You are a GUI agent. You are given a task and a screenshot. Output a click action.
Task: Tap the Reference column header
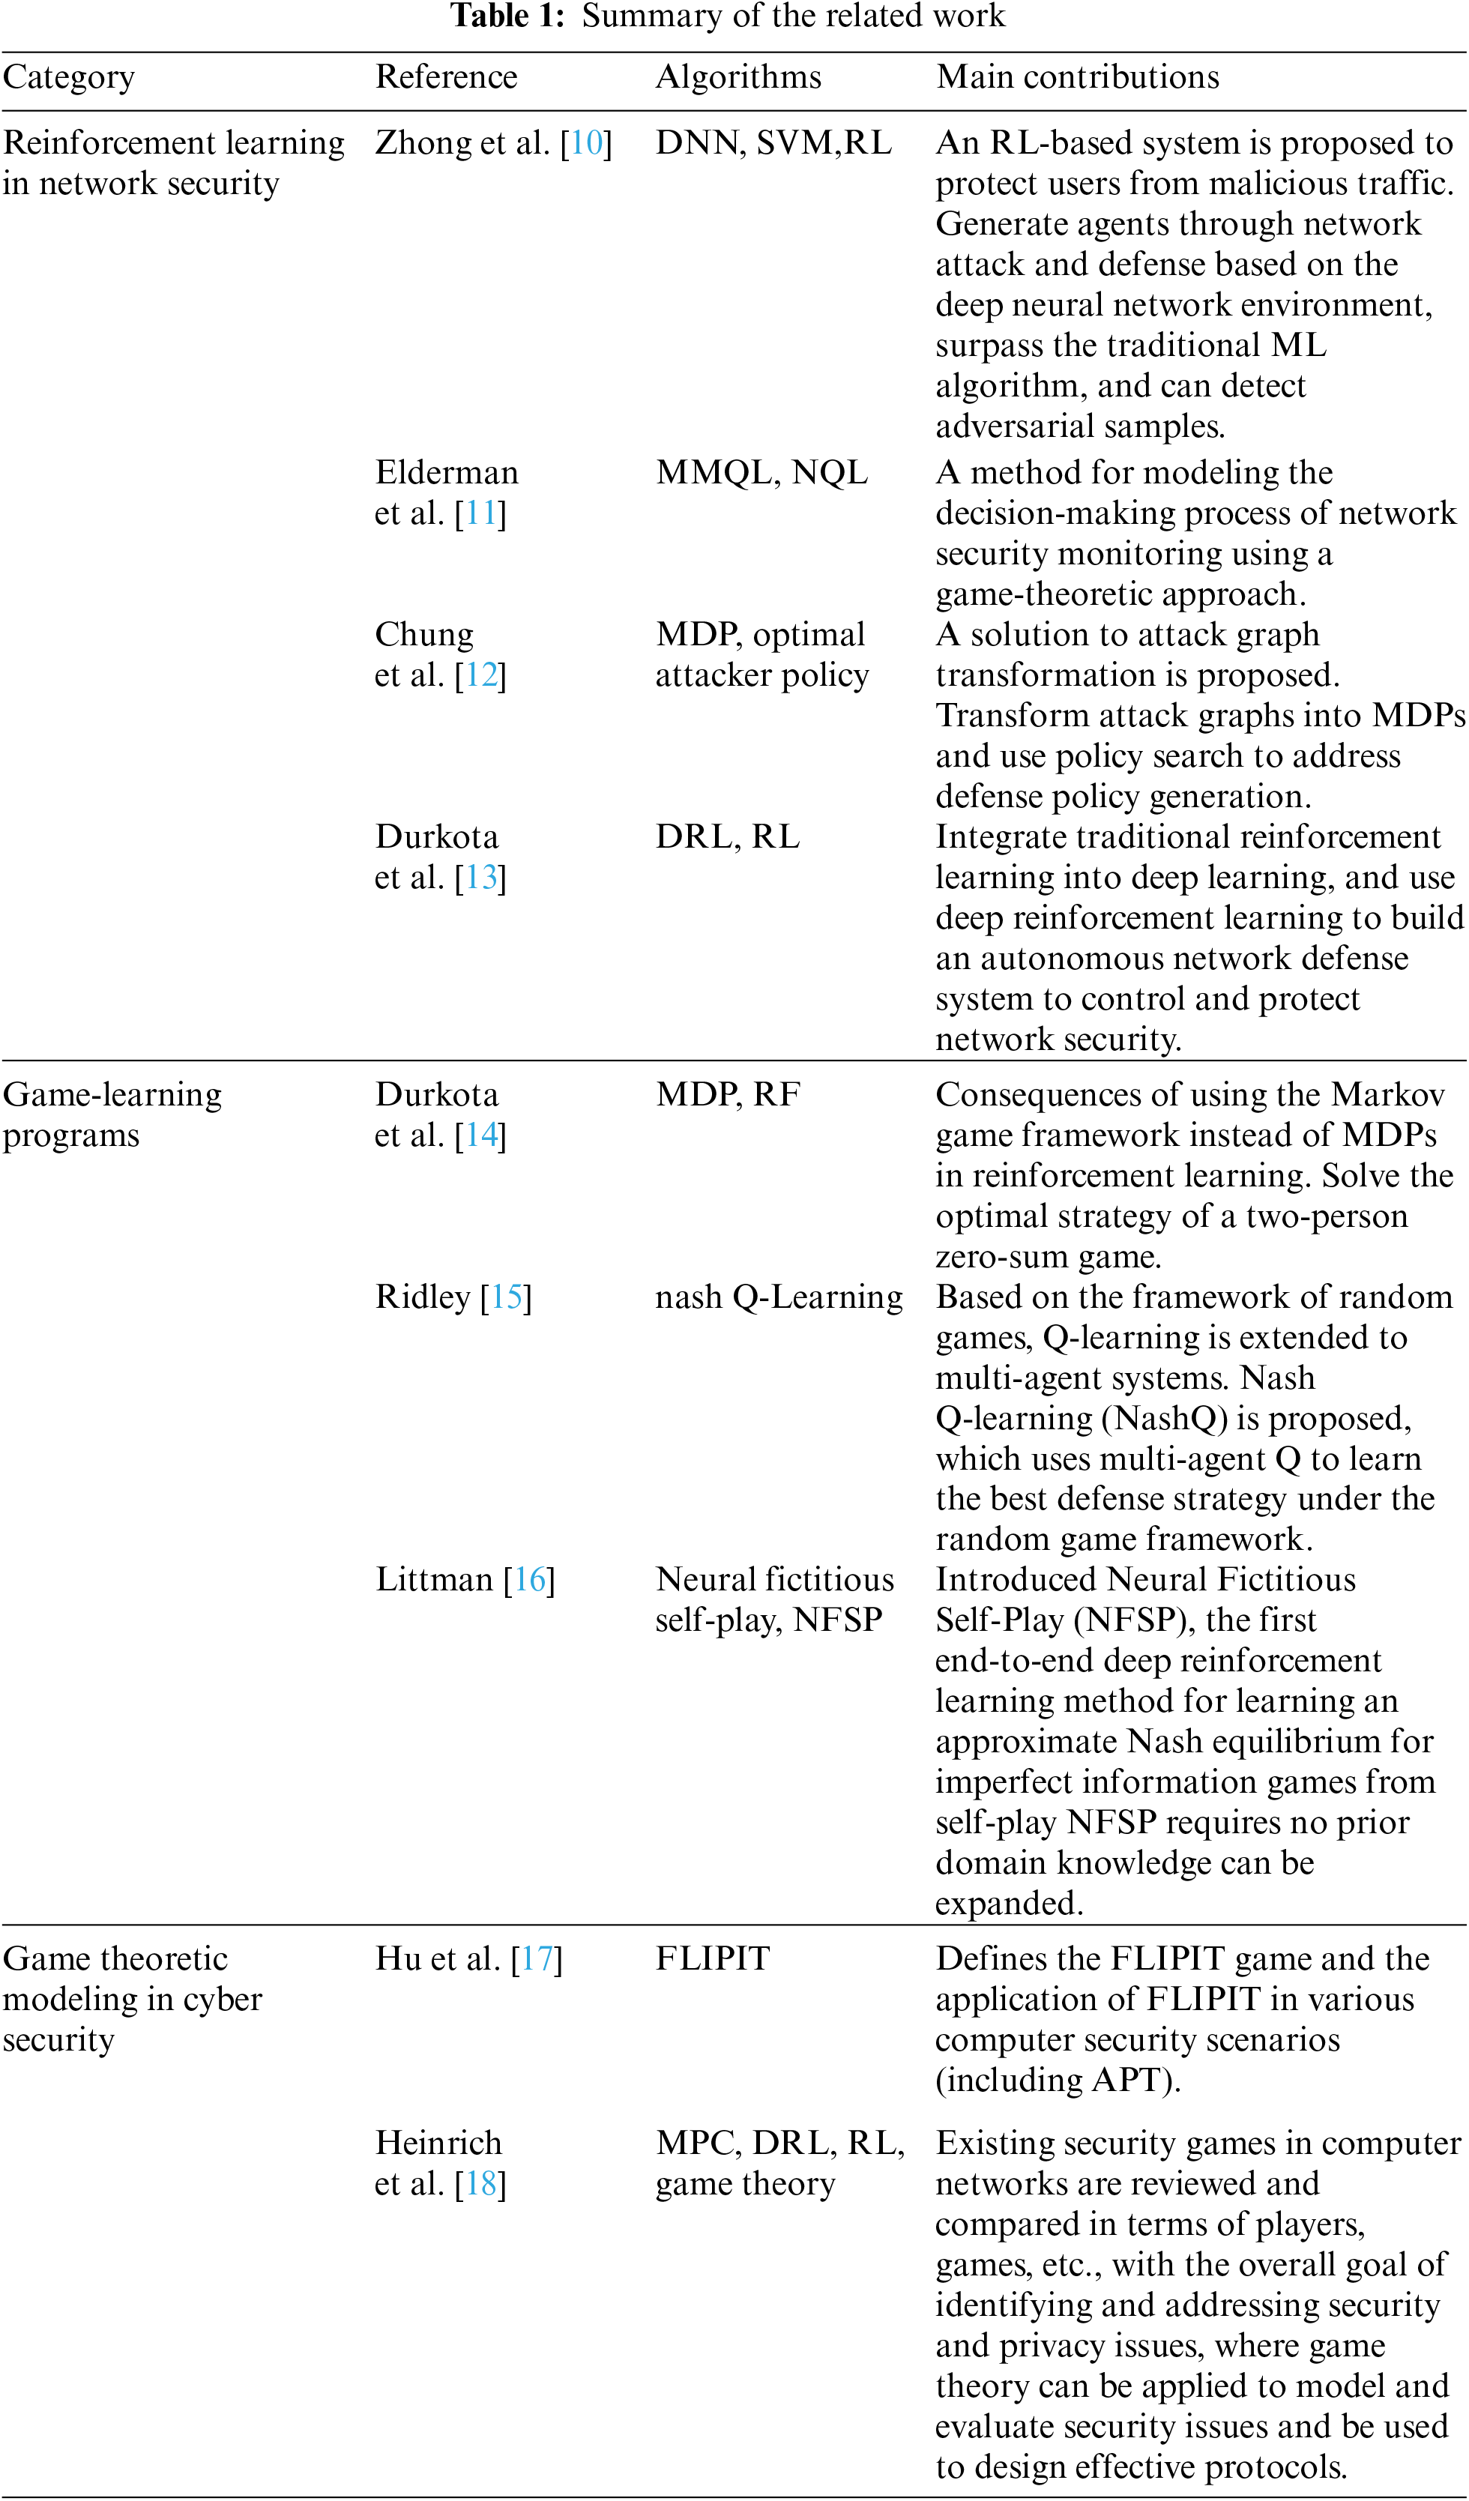coord(446,77)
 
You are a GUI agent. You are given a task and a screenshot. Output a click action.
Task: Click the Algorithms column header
coord(738,77)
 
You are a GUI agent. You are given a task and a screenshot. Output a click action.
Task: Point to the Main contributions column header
coord(1077,77)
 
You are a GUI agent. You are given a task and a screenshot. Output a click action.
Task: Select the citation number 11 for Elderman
coord(480,514)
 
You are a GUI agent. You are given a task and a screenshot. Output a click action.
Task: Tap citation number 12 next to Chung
coord(481,676)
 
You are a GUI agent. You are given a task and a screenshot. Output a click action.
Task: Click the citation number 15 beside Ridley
coord(506,1298)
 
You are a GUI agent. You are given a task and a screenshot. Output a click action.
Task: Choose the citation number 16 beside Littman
coord(529,1580)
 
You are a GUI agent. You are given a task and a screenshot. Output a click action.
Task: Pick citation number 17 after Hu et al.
coord(537,1959)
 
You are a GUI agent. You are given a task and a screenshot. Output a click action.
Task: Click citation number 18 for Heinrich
coord(481,2185)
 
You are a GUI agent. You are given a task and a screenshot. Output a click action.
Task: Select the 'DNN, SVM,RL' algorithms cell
coord(773,144)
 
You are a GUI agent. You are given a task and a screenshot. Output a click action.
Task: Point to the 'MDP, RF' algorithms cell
coord(728,1096)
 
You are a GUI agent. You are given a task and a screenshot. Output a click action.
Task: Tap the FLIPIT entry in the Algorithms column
coord(713,1959)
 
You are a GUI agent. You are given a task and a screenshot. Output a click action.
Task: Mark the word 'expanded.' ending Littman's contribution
coord(1010,1904)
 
